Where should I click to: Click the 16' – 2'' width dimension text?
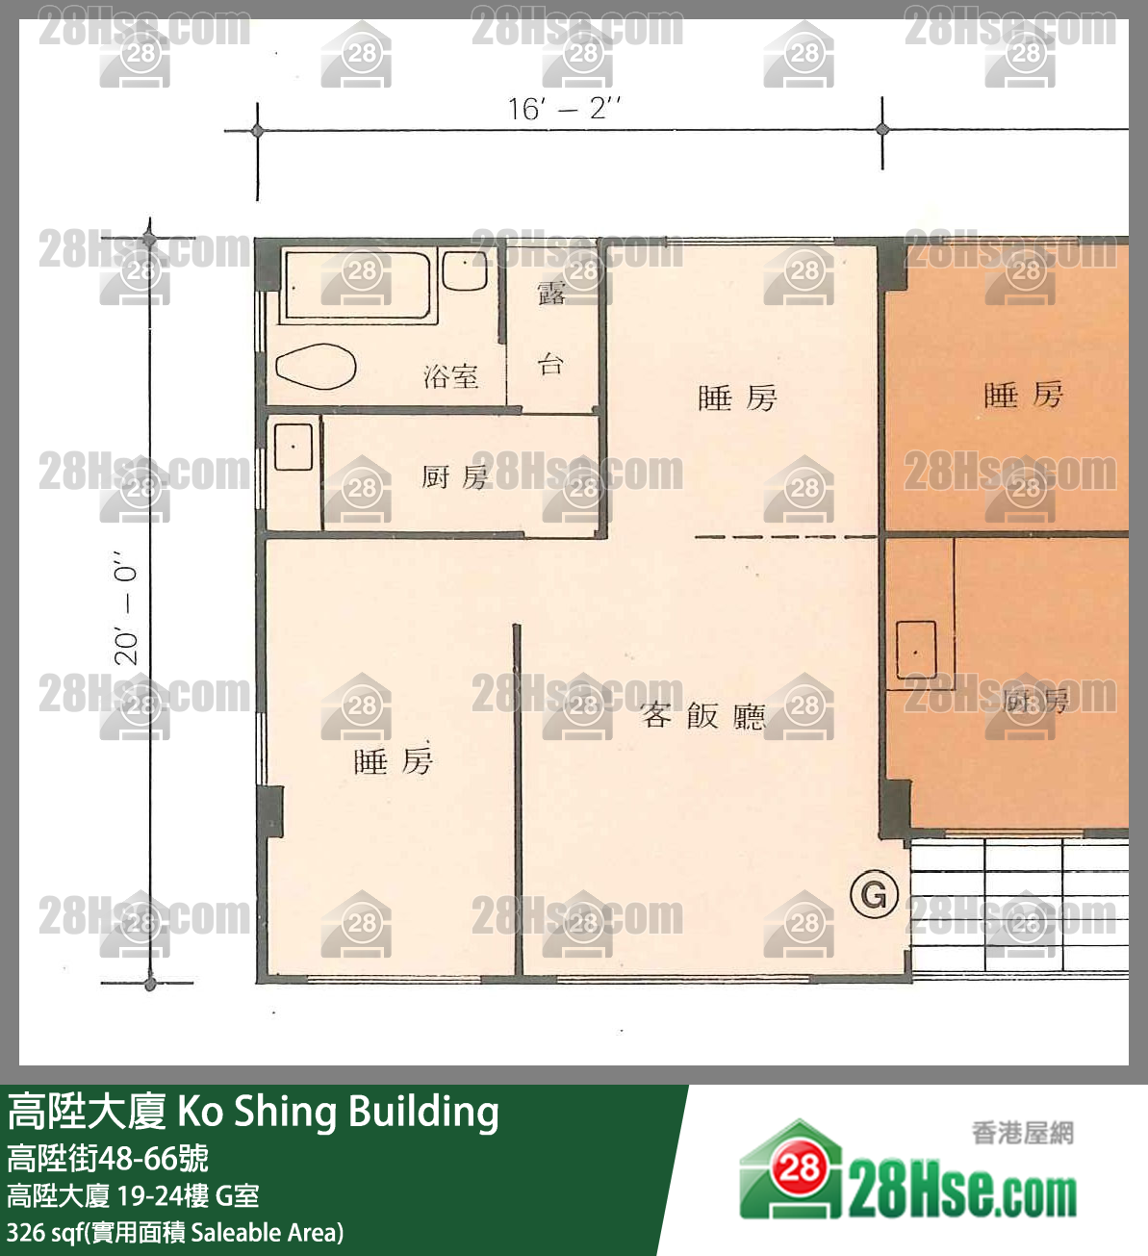(564, 108)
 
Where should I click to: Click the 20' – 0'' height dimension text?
(128, 607)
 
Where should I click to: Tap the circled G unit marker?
(874, 894)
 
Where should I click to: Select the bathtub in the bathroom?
(355, 285)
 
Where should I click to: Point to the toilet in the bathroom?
(316, 366)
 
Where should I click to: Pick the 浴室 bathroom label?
(450, 375)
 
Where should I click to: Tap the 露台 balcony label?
(551, 327)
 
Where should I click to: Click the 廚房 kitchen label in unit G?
(455, 476)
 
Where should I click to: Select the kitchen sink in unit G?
(293, 447)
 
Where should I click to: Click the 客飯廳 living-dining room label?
(703, 715)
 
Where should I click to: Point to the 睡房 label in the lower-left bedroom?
(394, 761)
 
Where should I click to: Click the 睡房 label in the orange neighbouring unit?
(1023, 395)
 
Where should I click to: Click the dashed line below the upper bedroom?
(784, 536)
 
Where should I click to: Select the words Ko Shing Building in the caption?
(338, 1112)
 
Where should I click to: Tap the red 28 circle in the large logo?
(799, 1167)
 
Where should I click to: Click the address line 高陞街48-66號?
(108, 1158)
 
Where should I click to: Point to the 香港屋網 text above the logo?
(1022, 1133)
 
